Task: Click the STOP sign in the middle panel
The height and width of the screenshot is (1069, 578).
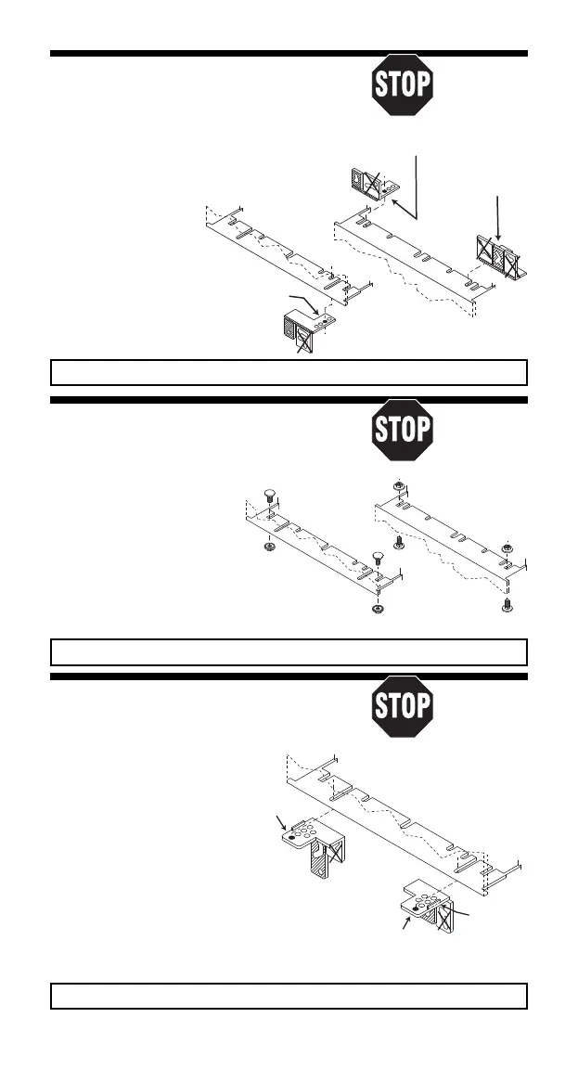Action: [x=402, y=431]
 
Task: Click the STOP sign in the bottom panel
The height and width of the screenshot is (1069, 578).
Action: [x=402, y=707]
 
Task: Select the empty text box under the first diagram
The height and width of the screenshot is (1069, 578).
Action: [x=288, y=372]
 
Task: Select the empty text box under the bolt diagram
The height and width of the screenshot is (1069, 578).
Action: [x=288, y=651]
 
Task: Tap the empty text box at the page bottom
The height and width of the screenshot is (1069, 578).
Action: [x=288, y=996]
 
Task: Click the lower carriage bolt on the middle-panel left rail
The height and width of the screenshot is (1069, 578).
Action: [x=377, y=560]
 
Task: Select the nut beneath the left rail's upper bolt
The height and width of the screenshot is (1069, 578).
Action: [x=268, y=547]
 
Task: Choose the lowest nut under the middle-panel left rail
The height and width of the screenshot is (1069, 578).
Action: [x=377, y=610]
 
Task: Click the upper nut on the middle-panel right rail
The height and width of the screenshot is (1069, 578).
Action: [x=397, y=485]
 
